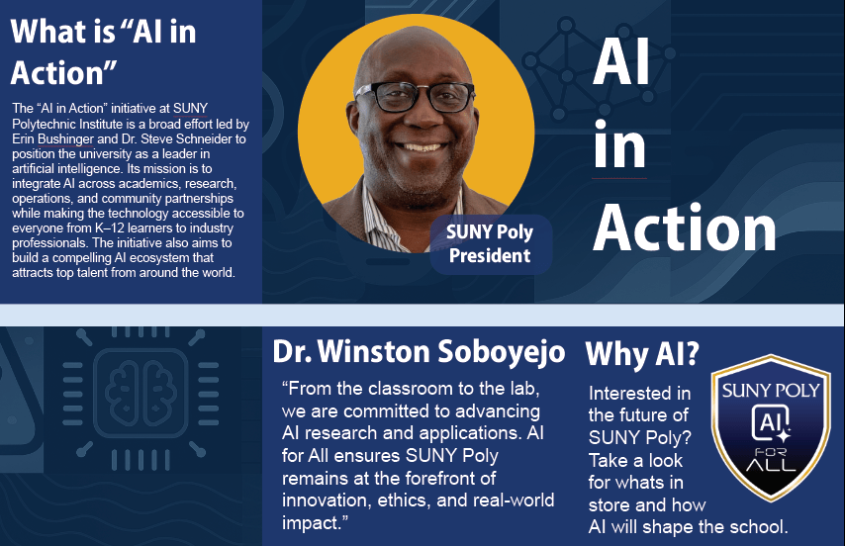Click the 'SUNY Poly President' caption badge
[491, 244]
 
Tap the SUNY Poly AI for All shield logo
[771, 427]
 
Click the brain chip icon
[141, 392]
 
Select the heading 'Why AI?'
[642, 354]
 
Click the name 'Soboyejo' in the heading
[501, 351]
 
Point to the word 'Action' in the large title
[684, 228]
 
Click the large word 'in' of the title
[619, 145]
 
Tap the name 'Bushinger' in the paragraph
[65, 138]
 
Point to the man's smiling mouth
[420, 146]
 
